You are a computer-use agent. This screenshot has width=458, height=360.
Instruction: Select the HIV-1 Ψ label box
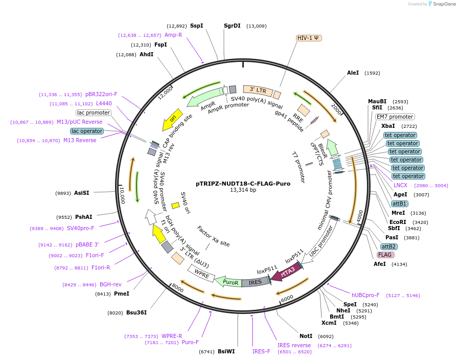click(309, 38)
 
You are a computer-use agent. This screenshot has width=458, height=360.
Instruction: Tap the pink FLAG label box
click(385, 255)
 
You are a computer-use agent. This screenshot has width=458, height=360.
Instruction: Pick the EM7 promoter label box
click(395, 117)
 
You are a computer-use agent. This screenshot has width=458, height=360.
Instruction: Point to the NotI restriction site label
click(306, 336)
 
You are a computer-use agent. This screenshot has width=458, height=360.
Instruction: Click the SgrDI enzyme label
click(232, 26)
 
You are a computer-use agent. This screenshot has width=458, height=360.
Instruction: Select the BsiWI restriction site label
click(226, 351)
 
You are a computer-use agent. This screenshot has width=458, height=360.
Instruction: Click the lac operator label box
click(87, 131)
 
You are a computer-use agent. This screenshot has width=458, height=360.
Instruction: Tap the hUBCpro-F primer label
click(365, 295)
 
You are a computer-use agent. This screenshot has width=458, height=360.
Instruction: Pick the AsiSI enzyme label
click(82, 193)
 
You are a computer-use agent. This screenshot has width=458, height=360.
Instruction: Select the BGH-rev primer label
click(110, 284)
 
